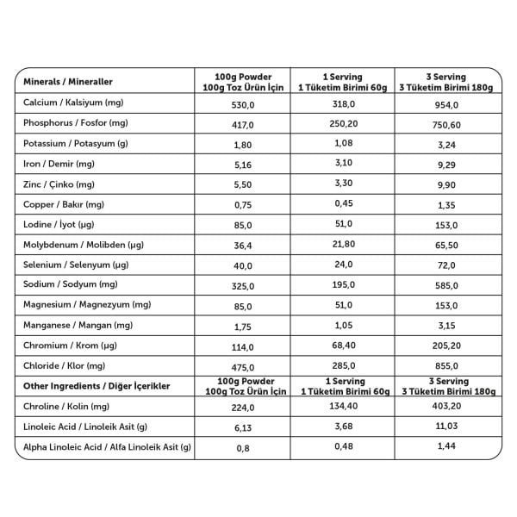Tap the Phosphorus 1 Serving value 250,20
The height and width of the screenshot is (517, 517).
point(342,124)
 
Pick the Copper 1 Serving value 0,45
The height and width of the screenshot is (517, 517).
point(342,204)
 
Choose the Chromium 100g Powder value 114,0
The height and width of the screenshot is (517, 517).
point(242,346)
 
